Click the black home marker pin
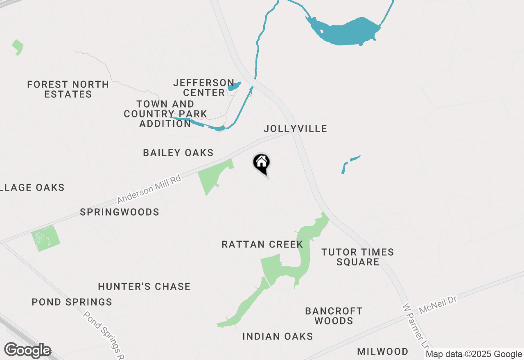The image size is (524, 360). pos(262,164)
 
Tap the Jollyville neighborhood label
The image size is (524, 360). pos(295,128)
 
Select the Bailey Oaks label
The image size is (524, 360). pos(178,153)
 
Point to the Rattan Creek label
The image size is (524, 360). pos(262,245)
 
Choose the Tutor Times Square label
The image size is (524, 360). pos(358,257)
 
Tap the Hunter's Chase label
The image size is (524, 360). pos(144,286)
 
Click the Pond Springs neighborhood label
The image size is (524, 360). pos(72,302)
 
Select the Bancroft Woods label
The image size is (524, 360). pos(334,316)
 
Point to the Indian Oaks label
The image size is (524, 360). pos(278,336)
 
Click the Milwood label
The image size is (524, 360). pos(382,351)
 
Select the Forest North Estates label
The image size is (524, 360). pos(68,89)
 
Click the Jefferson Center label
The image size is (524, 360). pos(203,88)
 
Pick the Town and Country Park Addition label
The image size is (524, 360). pos(165,114)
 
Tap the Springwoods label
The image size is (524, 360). pos(120,212)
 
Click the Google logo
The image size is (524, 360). pos(27,350)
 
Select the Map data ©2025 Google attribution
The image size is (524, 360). pos(474,354)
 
